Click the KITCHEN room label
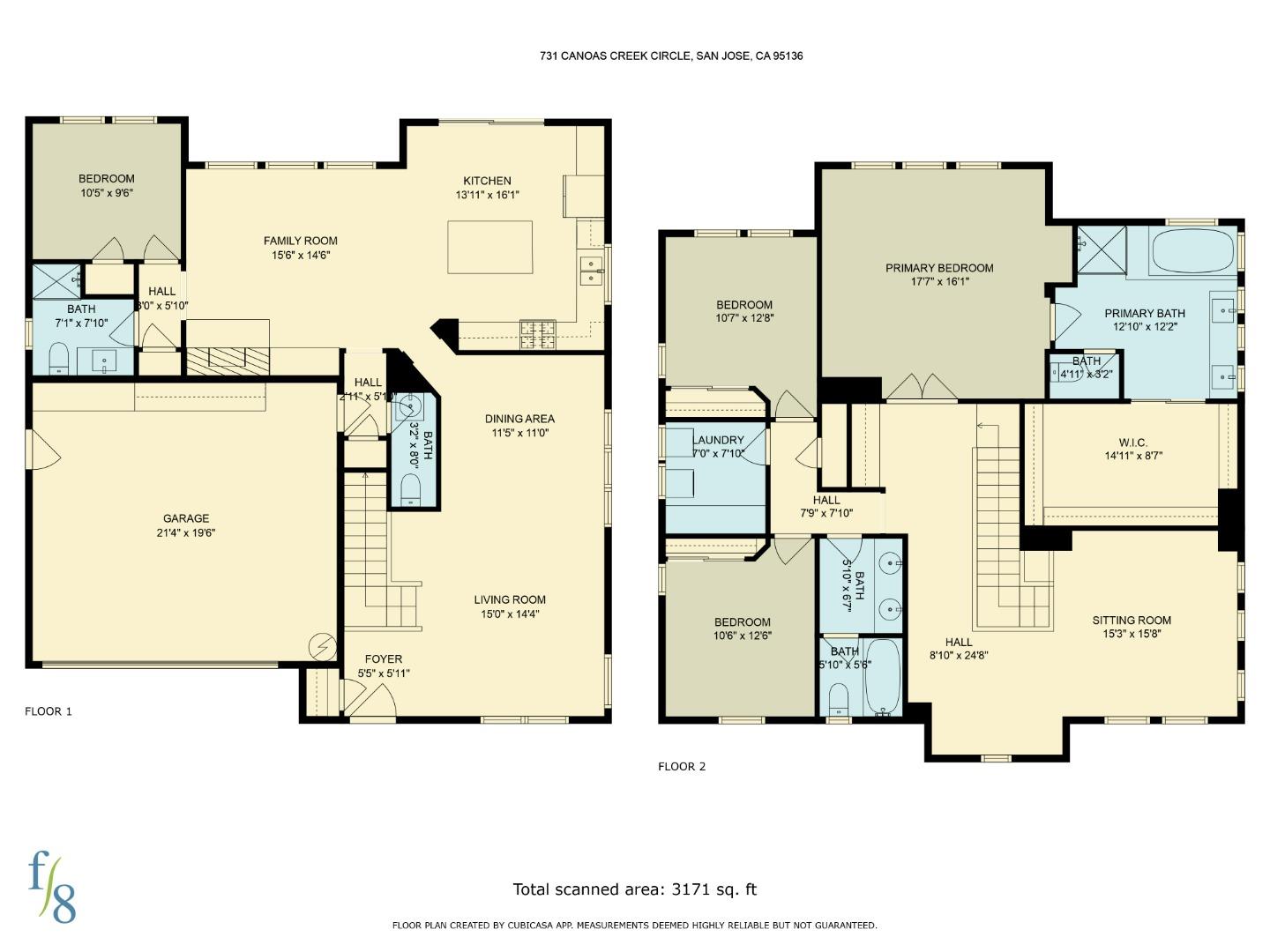pos(487,181)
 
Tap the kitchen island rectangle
pos(489,248)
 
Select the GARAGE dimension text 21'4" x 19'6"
pos(185,532)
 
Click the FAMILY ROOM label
pos(300,241)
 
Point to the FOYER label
pos(384,658)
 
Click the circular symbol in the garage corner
pos(322,647)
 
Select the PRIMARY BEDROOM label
pos(939,268)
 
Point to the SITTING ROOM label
pos(1132,620)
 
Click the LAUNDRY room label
pos(718,440)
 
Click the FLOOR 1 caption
pos(49,711)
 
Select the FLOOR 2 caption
pos(682,766)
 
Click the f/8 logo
pos(52,886)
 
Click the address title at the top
pos(671,56)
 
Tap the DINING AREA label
pos(519,419)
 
